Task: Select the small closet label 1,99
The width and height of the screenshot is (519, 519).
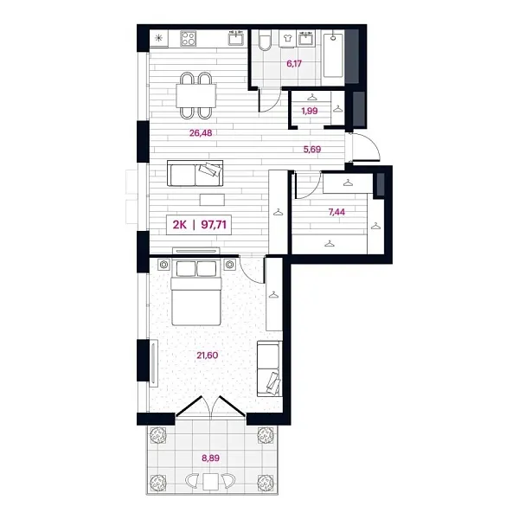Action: pos(308,110)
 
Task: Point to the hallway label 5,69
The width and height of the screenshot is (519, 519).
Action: pos(312,149)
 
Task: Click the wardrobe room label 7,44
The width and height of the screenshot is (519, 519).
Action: pos(330,208)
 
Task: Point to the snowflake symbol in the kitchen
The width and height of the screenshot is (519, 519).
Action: pos(157,37)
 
